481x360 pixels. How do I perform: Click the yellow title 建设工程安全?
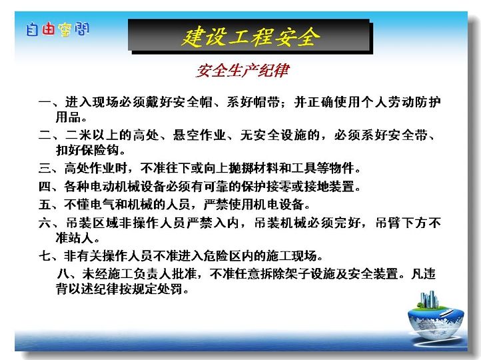click(x=250, y=37)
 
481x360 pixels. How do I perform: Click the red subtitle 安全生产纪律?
click(x=242, y=71)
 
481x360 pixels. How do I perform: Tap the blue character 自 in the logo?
click(x=33, y=29)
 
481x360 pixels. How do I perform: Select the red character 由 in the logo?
click(x=49, y=29)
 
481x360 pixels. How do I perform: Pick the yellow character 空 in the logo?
click(x=65, y=29)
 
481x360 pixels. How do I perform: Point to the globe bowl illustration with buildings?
click(x=435, y=315)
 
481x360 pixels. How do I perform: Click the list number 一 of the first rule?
click(x=45, y=102)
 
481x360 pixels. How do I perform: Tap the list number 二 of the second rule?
click(x=45, y=135)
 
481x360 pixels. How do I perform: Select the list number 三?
click(x=45, y=168)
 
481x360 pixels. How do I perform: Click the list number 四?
click(x=45, y=186)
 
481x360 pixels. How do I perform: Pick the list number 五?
click(x=45, y=205)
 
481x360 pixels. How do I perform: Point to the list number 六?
click(x=45, y=223)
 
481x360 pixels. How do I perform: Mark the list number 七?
click(x=45, y=255)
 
